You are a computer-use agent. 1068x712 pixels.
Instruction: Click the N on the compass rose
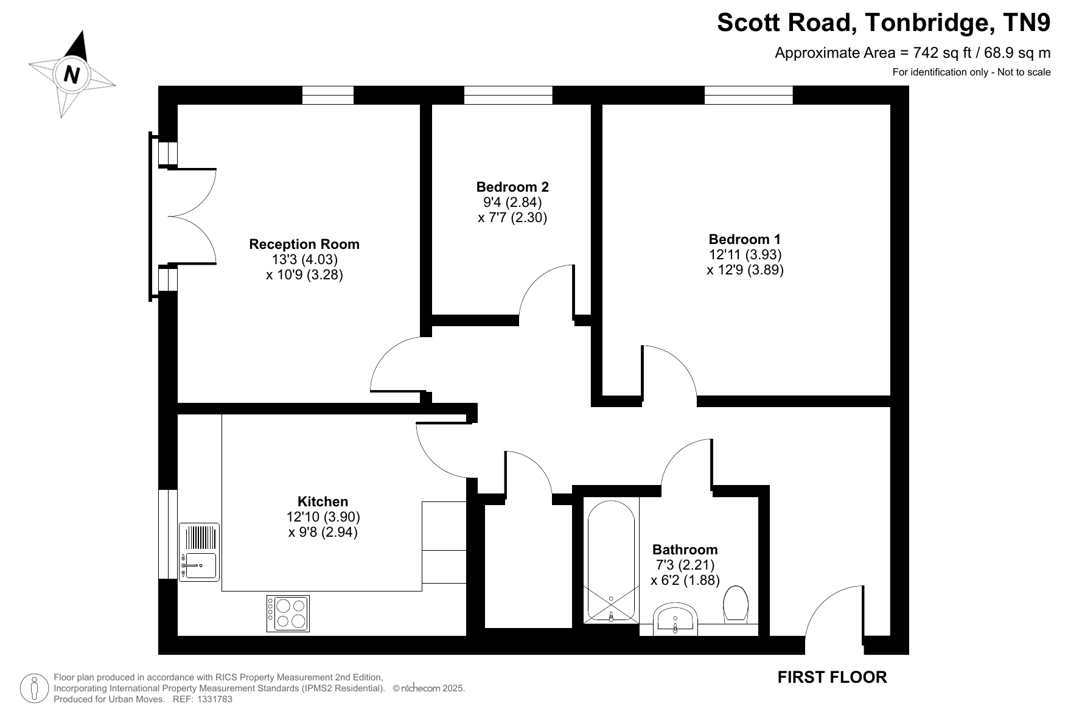coord(72,74)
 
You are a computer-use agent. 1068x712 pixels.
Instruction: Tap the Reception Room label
coord(304,244)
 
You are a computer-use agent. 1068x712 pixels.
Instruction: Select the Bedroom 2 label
coord(512,187)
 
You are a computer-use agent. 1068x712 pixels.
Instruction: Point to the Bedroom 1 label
coord(744,239)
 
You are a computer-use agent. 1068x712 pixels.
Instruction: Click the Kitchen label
coord(323,501)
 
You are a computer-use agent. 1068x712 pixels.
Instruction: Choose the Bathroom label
coord(685,550)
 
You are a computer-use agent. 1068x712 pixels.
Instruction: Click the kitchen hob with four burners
coord(288,613)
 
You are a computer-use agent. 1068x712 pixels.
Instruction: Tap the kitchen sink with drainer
coord(199,552)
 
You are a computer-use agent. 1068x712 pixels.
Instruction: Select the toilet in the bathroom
coord(736,604)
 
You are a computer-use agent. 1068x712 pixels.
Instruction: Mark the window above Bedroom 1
coord(749,95)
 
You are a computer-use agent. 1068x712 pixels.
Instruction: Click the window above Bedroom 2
coord(508,95)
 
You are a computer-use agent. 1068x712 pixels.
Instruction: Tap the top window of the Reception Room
coord(328,95)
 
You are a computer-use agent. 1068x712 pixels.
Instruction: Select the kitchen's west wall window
coord(168,534)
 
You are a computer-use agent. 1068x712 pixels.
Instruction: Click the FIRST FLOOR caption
coord(832,677)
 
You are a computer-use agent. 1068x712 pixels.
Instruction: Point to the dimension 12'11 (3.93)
coord(745,254)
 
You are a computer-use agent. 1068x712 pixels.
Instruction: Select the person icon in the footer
coord(35,688)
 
